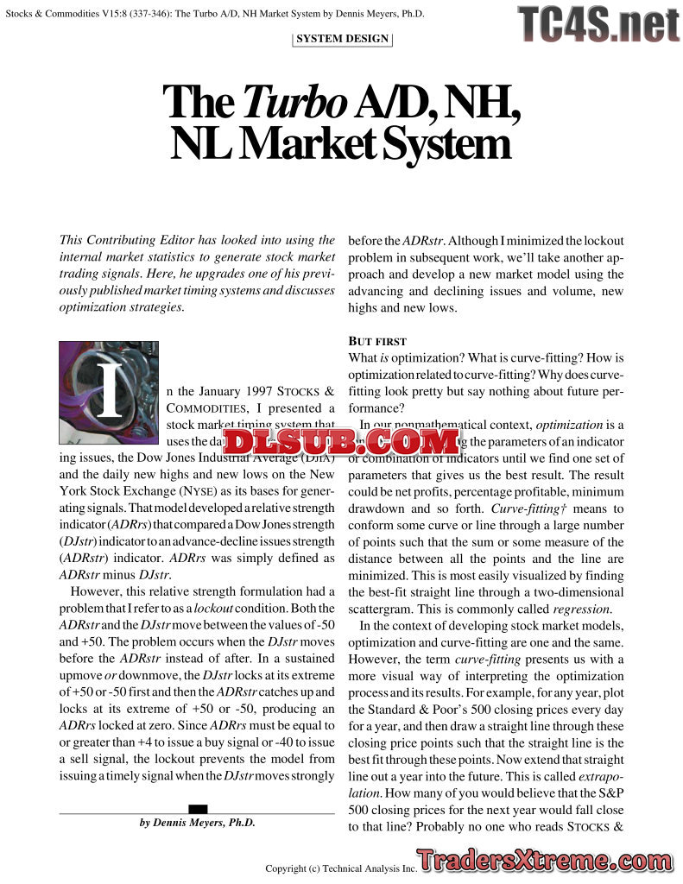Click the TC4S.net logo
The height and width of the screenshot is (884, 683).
tap(598, 24)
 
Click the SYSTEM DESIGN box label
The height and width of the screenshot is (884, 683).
tap(343, 39)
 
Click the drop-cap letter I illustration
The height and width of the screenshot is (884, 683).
tap(109, 382)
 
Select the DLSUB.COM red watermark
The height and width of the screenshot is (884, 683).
tap(341, 442)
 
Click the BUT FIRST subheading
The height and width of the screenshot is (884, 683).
tap(377, 341)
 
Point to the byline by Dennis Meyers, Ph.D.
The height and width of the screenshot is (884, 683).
tap(198, 823)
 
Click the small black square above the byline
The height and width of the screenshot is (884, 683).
tap(198, 809)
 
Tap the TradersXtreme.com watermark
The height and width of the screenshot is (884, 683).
tap(549, 861)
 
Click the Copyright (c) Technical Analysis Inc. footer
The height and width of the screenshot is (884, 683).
tap(341, 868)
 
